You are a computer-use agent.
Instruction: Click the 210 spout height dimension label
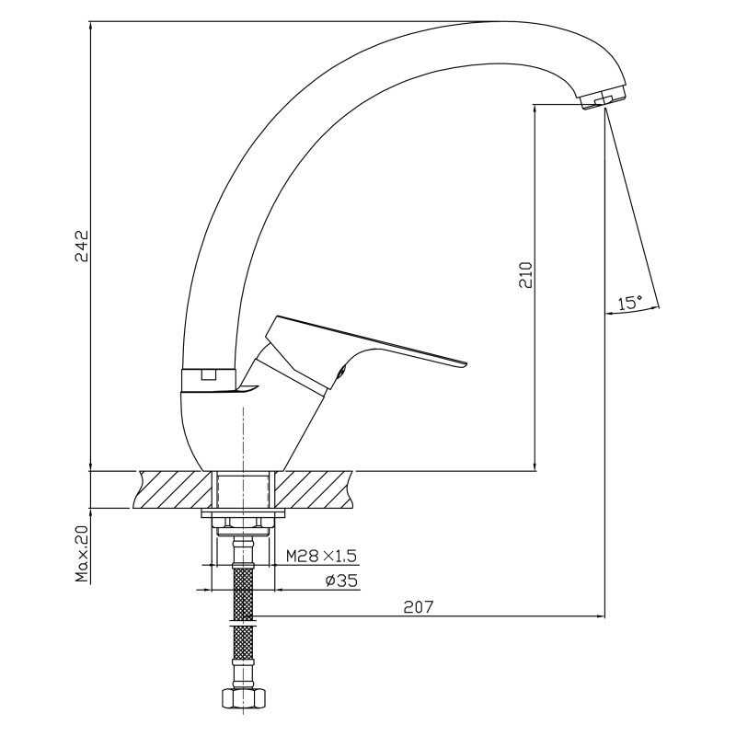(526, 274)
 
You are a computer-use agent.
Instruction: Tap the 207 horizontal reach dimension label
(419, 607)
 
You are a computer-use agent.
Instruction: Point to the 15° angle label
(630, 303)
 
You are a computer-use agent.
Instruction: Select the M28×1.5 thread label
(321, 557)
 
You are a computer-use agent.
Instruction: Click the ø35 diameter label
(341, 581)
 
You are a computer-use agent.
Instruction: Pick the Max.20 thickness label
(83, 554)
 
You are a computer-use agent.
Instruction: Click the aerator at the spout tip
(603, 99)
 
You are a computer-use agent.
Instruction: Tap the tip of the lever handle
(466, 363)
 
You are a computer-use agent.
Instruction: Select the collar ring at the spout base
(209, 380)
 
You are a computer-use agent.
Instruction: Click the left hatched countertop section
(174, 489)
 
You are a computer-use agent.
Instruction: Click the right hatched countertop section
(315, 489)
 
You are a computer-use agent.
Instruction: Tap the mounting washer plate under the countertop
(243, 513)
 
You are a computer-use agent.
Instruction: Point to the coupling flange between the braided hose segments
(243, 626)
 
